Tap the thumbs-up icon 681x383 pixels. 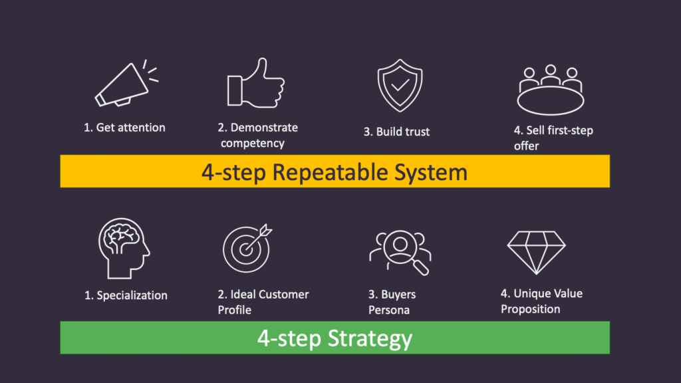coord(255,85)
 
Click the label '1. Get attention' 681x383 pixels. coord(124,127)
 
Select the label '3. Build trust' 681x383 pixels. coord(396,132)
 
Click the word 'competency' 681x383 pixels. coord(253,143)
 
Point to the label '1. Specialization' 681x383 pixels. coord(126,295)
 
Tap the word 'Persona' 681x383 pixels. coord(390,310)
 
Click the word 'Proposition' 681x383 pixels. coord(531,309)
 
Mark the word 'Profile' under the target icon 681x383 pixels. coord(235,310)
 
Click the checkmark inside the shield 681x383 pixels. coord(397,86)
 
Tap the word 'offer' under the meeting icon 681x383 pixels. coord(526,146)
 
